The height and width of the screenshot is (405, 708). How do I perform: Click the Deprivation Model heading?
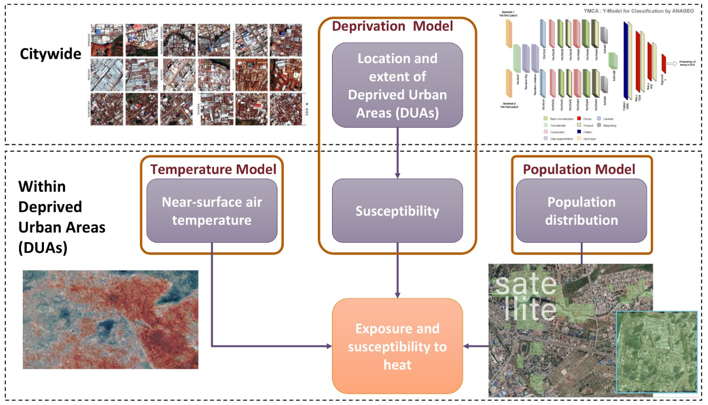click(x=392, y=26)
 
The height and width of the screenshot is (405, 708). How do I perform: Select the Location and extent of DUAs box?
click(x=397, y=85)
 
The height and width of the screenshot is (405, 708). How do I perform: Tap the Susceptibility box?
click(x=397, y=211)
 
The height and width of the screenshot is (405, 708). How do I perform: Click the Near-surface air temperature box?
click(x=211, y=211)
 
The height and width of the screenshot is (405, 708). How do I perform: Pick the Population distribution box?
click(x=581, y=211)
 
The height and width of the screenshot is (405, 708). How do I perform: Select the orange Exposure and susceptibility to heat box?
click(x=397, y=346)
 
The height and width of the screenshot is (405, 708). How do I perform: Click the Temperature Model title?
click(x=213, y=170)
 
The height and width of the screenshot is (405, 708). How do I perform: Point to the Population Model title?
click(x=579, y=170)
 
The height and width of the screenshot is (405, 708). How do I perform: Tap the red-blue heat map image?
click(x=110, y=319)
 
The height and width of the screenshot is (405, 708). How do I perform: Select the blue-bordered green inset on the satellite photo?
click(x=657, y=351)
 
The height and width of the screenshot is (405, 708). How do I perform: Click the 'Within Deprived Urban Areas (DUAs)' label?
click(x=61, y=217)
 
